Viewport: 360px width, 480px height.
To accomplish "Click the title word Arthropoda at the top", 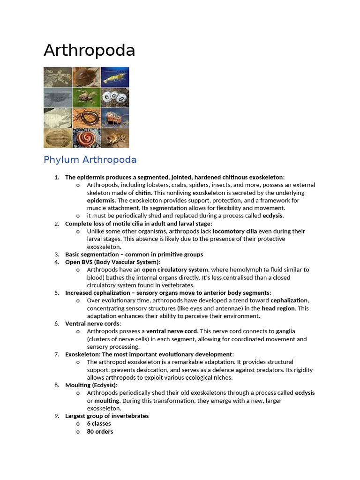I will [89, 51].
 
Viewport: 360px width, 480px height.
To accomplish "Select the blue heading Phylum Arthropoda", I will [90, 160].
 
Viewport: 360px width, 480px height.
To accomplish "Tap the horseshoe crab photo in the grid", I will [86, 76].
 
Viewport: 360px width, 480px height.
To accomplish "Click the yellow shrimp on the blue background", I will [115, 76].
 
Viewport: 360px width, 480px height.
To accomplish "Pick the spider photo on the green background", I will [86, 97].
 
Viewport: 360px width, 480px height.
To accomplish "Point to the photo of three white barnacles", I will [115, 97].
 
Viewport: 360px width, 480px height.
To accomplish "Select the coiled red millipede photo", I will [86, 137].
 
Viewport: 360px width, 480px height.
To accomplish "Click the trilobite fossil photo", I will [58, 137].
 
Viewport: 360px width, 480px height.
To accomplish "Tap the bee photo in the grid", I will [115, 137].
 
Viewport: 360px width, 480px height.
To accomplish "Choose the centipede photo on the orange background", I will [86, 117].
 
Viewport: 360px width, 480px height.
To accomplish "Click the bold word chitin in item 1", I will [143, 193].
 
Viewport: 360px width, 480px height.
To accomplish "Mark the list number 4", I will [57, 262].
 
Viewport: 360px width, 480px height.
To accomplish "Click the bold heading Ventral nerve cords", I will [92, 323].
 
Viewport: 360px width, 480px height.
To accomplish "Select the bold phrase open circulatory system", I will [175, 270].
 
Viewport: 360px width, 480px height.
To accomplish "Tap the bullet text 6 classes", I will [99, 423].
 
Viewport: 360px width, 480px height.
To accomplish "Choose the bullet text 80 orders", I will [100, 431].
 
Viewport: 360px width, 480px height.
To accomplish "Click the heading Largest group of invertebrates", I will [107, 416].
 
